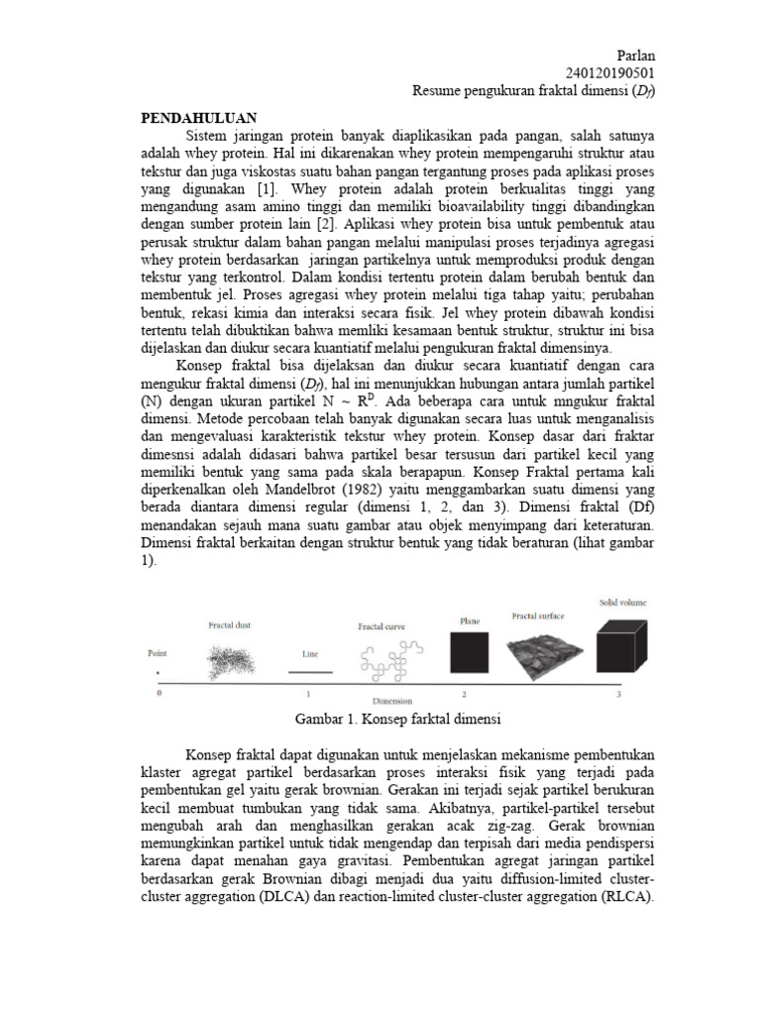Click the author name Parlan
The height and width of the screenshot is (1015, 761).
pos(633,56)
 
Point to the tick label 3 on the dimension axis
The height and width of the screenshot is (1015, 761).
pos(618,695)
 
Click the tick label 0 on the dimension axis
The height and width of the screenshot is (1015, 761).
pos(158,695)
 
